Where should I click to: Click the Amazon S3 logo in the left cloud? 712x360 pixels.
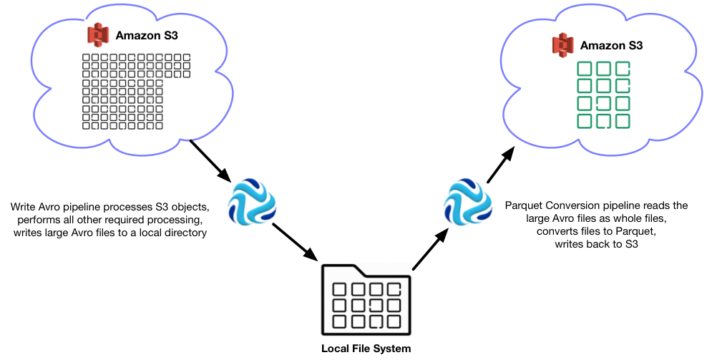[96, 34]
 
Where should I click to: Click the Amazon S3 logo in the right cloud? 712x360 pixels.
[562, 45]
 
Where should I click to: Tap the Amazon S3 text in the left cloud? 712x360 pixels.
[142, 34]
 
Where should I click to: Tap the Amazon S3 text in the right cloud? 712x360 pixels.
[611, 46]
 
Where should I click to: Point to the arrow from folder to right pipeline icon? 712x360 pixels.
[431, 250]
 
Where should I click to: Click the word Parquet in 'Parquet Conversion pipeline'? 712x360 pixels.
[523, 205]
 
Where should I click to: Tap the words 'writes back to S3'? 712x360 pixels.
[596, 244]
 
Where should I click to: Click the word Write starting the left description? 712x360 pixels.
[24, 207]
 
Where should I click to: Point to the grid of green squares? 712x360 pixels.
[603, 95]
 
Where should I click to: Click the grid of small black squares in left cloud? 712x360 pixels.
[136, 92]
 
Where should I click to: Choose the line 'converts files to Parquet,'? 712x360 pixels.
[596, 231]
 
